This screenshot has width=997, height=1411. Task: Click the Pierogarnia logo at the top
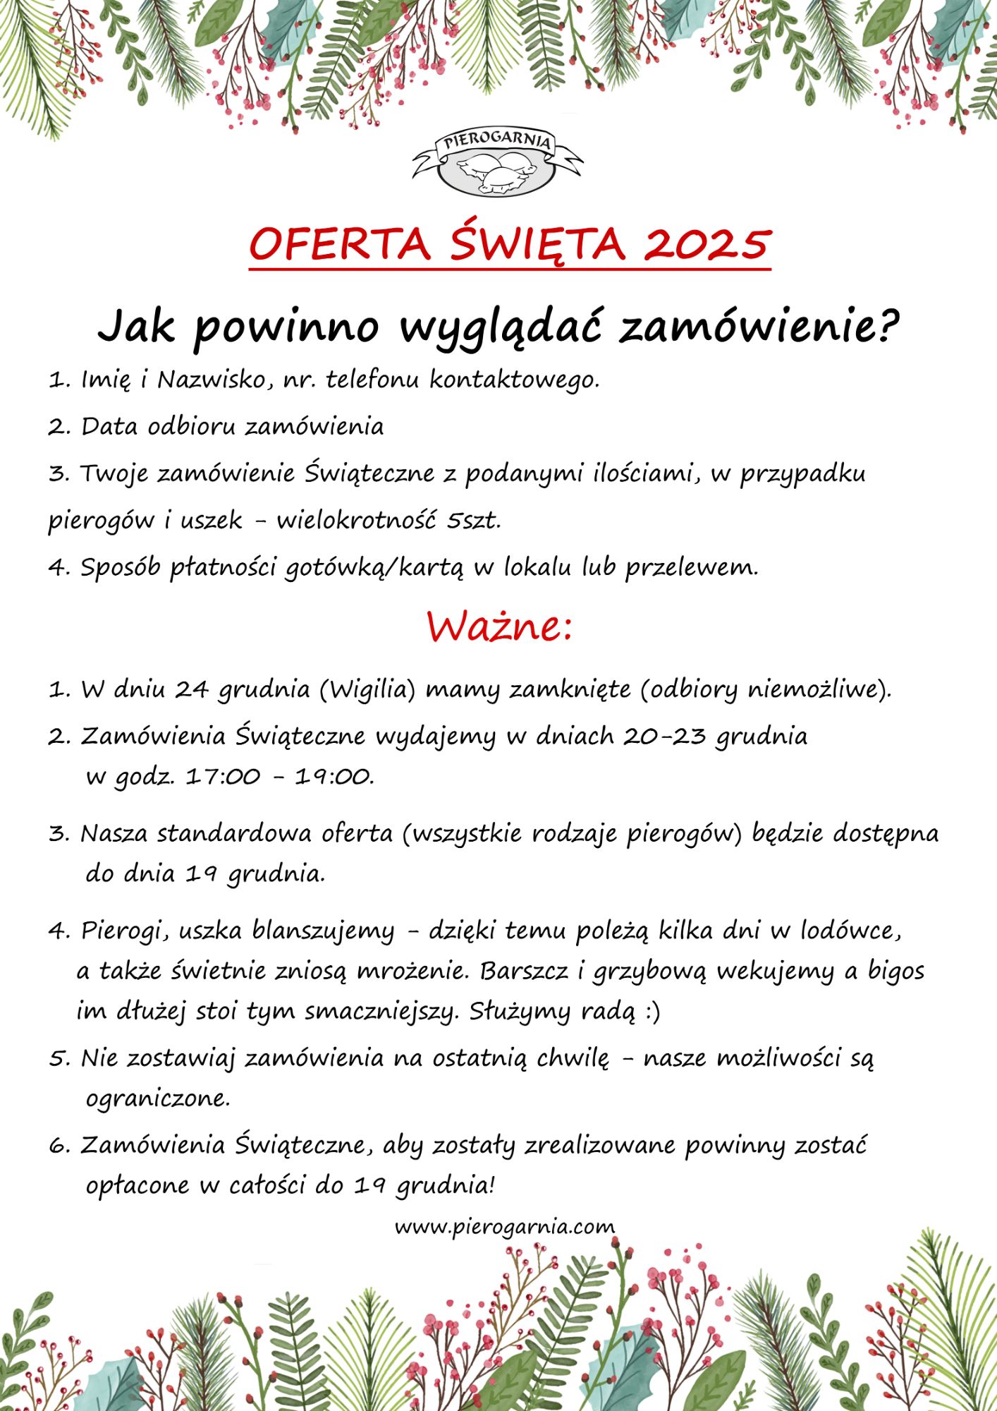[x=498, y=162]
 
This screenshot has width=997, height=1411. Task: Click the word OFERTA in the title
[x=339, y=244]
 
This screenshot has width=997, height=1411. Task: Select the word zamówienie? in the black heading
[x=759, y=327]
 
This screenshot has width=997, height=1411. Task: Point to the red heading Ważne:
[x=498, y=626]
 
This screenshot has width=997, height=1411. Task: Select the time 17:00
[x=223, y=777]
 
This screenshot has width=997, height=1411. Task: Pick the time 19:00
[x=334, y=777]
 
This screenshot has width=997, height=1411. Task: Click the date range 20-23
[x=664, y=736]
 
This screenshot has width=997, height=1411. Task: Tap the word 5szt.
[x=474, y=521]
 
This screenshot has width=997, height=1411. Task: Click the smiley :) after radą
[x=652, y=1012]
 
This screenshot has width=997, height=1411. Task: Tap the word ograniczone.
[x=158, y=1098]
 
